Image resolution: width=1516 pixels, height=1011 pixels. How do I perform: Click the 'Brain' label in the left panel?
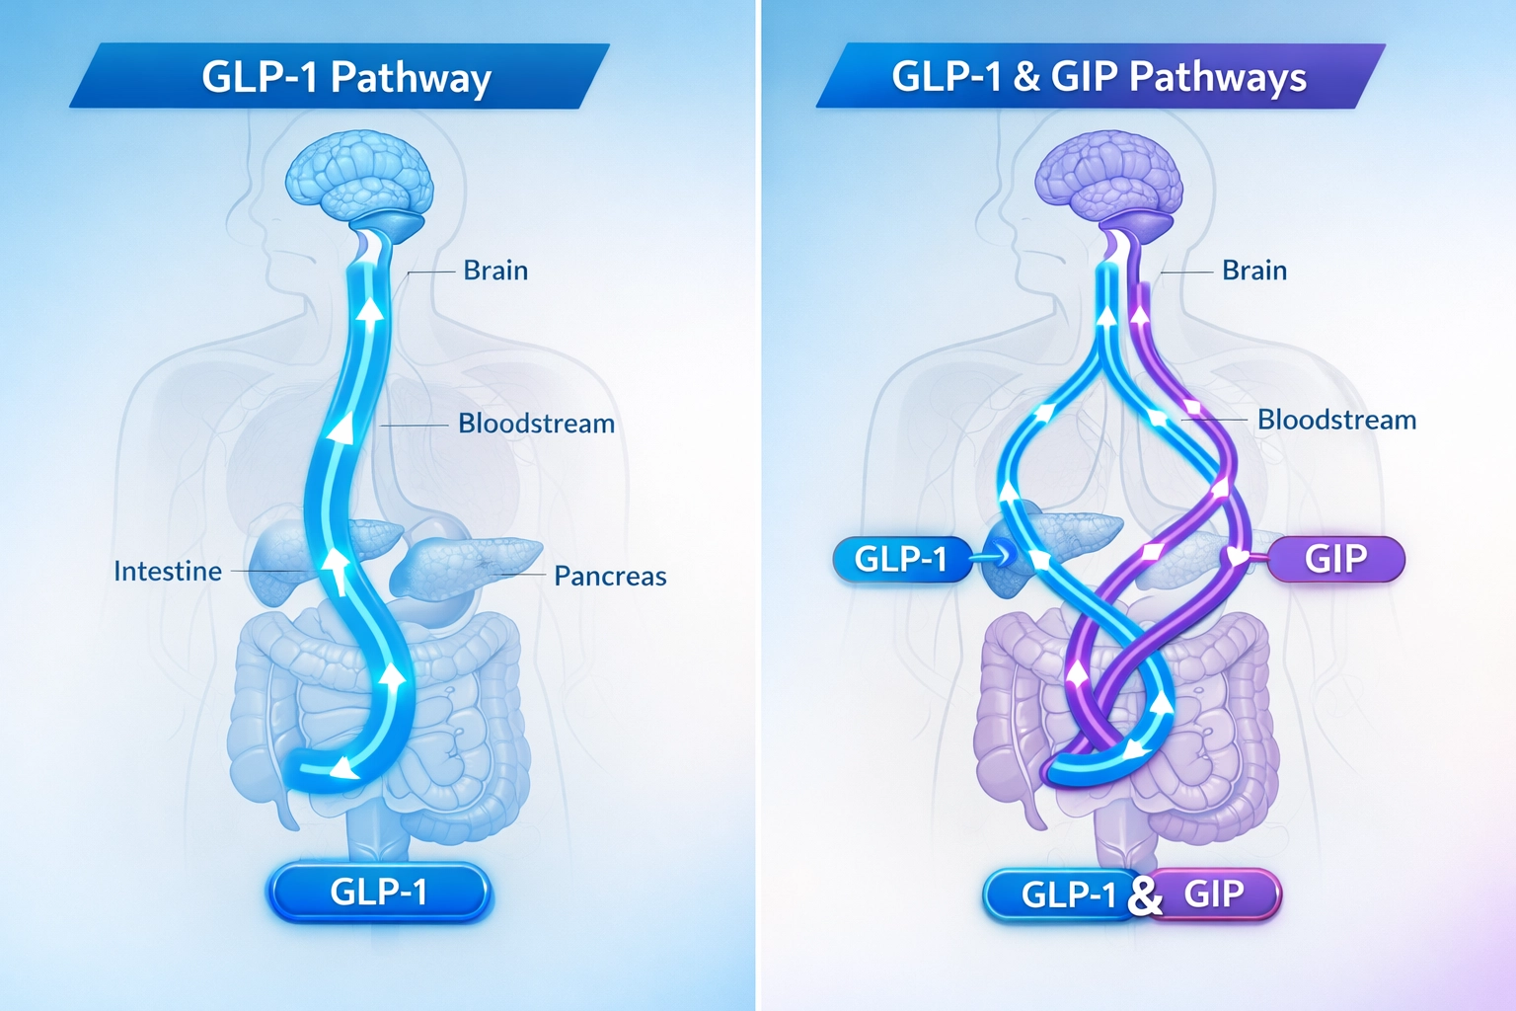pos(495,271)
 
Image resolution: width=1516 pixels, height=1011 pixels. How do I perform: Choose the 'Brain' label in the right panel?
pos(1253,271)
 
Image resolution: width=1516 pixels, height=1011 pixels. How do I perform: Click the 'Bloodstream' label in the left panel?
pos(536,424)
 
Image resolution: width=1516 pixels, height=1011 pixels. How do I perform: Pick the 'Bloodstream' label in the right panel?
pos(1336,420)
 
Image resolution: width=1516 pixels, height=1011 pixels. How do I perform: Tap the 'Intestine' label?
pos(168,572)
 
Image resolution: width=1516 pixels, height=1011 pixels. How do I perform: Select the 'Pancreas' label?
pos(610,577)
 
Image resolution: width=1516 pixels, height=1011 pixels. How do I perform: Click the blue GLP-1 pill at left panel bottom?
pos(379,893)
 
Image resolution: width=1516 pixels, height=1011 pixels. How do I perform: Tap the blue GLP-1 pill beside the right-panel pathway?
pos(900,560)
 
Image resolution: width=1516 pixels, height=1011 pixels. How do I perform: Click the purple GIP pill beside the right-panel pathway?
pos(1335,559)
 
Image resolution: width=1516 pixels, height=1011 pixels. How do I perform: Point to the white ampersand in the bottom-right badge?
pos(1145,896)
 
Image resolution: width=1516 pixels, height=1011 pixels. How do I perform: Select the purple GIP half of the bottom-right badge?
pos(1216,894)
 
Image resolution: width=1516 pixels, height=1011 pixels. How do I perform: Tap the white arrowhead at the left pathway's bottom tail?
pos(341,768)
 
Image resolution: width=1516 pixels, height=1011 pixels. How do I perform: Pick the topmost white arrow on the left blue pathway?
pos(370,311)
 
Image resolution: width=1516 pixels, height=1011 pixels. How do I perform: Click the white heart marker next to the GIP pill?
pos(1236,557)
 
